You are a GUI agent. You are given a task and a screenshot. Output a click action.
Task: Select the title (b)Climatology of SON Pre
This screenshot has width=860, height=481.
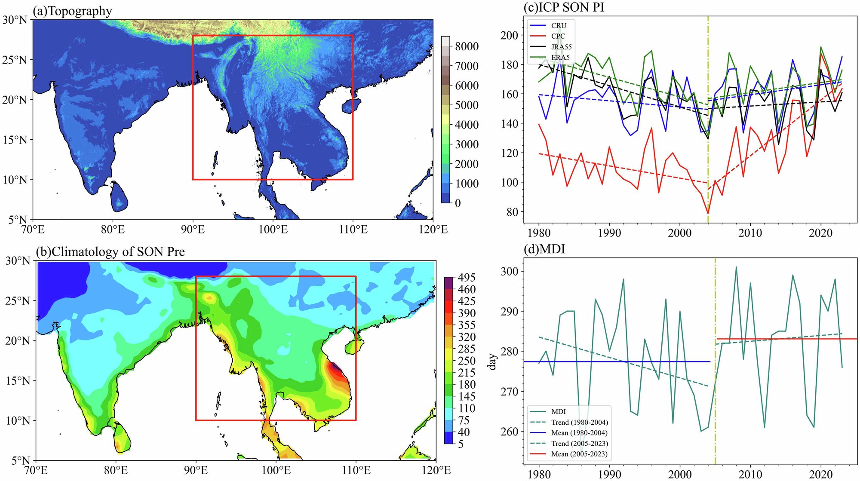(x=111, y=251)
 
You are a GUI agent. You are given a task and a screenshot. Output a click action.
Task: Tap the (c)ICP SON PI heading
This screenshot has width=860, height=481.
(x=564, y=7)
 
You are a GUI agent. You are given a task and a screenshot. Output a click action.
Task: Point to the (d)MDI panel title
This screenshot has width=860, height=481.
(x=544, y=249)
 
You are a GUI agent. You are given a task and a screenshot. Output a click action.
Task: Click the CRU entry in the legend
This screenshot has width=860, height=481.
(x=559, y=26)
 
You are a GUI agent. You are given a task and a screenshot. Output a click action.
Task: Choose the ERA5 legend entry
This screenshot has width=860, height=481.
(x=560, y=58)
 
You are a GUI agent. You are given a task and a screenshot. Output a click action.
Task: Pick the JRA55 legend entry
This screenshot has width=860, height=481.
(x=561, y=47)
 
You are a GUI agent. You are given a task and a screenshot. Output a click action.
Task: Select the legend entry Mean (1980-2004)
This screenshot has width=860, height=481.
(x=579, y=433)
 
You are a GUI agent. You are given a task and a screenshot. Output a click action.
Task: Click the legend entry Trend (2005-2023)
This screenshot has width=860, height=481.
(x=579, y=444)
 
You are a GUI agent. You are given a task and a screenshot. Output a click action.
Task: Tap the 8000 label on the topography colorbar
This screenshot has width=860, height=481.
(x=467, y=46)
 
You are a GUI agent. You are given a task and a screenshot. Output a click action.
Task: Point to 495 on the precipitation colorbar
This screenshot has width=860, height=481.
(x=467, y=278)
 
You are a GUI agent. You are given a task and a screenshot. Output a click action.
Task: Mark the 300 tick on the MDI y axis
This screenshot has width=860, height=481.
(x=509, y=271)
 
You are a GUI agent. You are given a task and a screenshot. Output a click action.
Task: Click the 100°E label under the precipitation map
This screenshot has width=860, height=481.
(x=276, y=470)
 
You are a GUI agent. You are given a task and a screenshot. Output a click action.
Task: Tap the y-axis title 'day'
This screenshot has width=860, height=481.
(x=492, y=362)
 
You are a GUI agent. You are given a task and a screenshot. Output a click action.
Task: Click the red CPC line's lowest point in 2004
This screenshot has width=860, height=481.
(x=708, y=213)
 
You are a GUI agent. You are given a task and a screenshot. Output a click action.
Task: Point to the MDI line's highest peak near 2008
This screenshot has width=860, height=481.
(x=736, y=267)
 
